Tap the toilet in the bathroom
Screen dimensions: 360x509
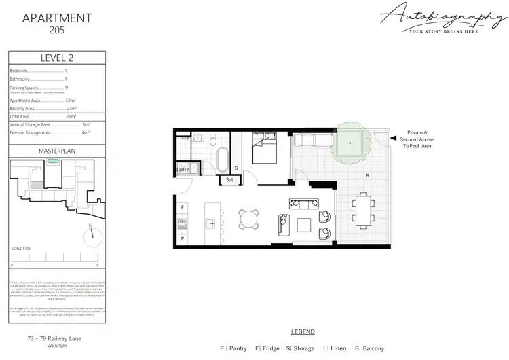point(214,141)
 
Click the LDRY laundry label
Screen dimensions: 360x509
point(183,169)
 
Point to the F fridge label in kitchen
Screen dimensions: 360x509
point(183,206)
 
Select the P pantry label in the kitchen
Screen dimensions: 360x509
point(183,238)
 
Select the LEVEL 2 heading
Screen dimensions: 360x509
point(56,58)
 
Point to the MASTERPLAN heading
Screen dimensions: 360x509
point(56,149)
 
